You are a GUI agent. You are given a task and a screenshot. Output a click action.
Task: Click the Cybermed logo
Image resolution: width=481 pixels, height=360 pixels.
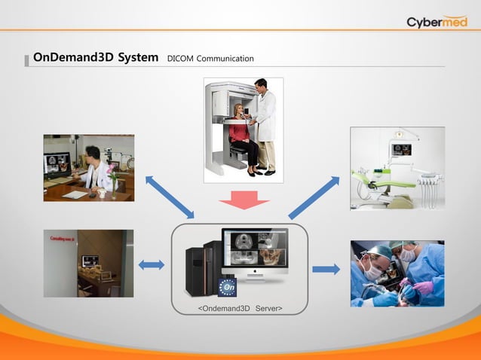437,21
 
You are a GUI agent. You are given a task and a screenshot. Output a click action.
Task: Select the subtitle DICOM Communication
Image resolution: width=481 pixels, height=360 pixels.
210,59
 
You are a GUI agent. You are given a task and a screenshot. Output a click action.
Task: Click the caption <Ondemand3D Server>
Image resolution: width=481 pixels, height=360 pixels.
240,308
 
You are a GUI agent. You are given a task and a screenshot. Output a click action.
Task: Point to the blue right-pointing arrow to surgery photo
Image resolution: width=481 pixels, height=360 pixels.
326,270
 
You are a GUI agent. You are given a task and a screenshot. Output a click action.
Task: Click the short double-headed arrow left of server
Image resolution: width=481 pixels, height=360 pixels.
152,264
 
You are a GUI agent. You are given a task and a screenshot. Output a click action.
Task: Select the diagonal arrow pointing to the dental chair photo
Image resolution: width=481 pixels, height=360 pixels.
314,197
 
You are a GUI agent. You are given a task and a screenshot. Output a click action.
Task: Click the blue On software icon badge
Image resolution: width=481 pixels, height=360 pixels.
228,287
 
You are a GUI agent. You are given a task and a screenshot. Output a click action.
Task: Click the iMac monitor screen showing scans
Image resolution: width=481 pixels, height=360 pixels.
255,249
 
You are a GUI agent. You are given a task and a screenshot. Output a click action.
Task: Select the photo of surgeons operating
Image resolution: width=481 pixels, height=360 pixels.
397,273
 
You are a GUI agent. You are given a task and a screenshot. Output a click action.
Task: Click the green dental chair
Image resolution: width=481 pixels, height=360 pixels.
384,183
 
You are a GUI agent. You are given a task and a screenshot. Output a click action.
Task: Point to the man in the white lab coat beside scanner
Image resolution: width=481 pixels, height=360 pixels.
264,124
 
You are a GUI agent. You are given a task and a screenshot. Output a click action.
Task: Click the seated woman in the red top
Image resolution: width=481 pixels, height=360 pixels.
244,136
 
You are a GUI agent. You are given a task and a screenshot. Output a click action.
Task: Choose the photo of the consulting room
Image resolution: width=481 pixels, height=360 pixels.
88,263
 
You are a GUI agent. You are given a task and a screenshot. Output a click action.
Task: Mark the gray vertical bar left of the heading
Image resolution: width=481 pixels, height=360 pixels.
27,59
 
